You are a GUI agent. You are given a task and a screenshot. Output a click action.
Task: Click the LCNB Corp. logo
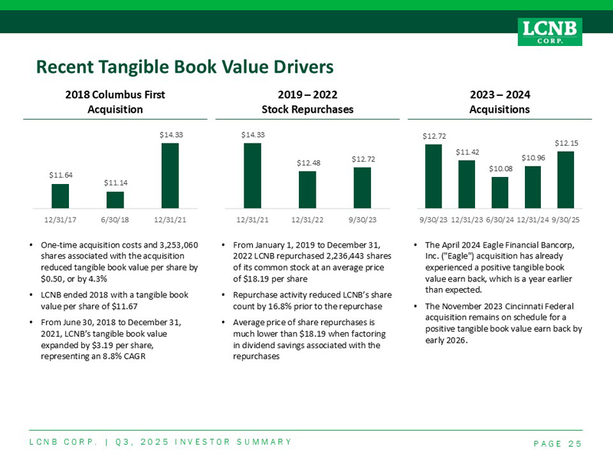coord(551,31)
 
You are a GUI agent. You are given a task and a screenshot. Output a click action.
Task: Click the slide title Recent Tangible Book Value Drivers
coord(185,67)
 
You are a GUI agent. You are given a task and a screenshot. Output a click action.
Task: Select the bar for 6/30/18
coord(115,199)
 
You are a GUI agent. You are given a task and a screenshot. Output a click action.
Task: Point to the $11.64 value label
coord(61,176)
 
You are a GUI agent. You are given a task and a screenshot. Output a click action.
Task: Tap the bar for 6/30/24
coord(500,192)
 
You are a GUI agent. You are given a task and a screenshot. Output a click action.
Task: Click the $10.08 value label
coord(500,169)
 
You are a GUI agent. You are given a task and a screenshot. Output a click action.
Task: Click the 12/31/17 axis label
coord(61,219)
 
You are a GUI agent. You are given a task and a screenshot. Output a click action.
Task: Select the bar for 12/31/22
coord(307,189)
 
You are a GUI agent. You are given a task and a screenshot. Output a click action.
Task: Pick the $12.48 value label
coord(308,163)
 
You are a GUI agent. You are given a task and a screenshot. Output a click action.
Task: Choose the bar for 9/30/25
coord(565,179)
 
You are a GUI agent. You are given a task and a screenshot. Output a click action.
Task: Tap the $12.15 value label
coord(566,143)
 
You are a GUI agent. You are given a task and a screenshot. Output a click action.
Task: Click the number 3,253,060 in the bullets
coord(175,245)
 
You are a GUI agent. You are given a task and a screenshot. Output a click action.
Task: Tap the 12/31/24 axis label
coord(533,219)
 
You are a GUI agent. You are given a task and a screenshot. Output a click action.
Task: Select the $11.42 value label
coord(467,152)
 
